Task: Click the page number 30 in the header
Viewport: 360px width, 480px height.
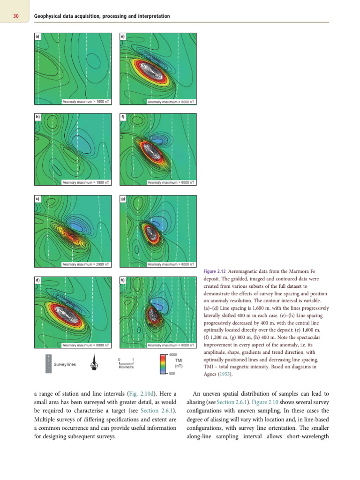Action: (16, 16)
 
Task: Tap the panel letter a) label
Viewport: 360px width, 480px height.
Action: (37, 36)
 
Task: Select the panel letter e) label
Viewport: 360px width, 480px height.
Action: (123, 36)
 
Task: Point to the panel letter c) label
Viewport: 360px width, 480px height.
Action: (37, 199)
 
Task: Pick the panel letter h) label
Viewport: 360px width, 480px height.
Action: (123, 280)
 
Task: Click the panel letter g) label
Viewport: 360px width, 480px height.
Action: (123, 199)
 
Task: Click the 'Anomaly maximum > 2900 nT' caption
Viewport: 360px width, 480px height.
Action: (86, 264)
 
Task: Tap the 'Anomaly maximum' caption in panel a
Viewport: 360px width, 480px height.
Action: (86, 102)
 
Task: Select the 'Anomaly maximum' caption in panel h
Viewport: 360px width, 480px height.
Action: (172, 345)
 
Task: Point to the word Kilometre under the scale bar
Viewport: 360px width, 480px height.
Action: (127, 367)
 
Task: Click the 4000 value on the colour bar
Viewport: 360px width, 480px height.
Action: (172, 354)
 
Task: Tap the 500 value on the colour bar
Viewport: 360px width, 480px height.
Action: (172, 374)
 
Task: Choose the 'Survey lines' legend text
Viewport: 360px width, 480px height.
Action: (65, 364)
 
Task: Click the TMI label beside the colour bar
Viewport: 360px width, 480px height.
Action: (179, 360)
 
